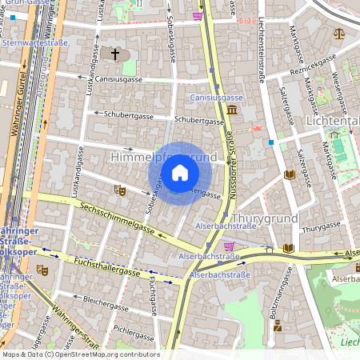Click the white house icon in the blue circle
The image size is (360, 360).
pos(180,173)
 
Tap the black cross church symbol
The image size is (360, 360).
pos(115,54)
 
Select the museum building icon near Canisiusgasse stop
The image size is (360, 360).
pos(231,109)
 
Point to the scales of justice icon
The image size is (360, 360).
pos(338,34)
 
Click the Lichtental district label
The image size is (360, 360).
pos(333,121)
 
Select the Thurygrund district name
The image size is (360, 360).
pos(264,218)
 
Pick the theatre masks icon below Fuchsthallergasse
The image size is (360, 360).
pos(42,270)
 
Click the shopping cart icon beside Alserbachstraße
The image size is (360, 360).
pos(229,246)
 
